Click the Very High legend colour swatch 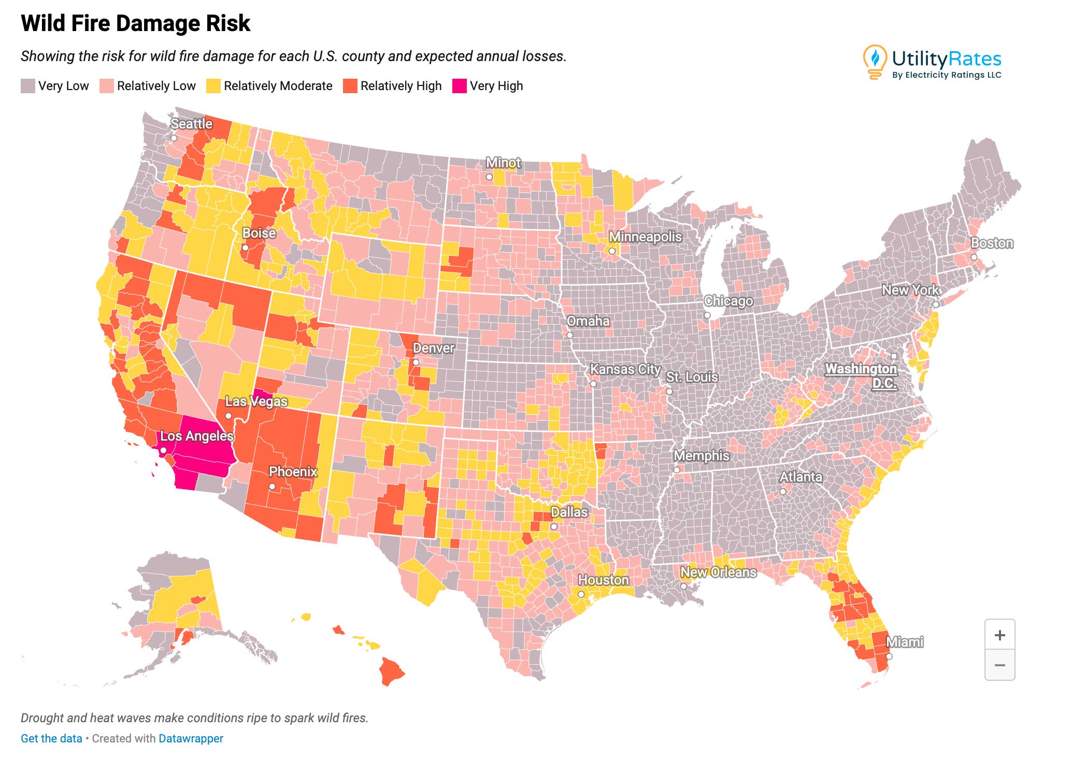(459, 86)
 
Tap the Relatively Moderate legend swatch (213, 86)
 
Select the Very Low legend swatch (27, 86)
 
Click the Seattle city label (191, 124)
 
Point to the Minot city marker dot (489, 177)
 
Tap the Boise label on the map (259, 233)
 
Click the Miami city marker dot (889, 656)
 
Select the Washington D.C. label (861, 375)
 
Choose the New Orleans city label (718, 572)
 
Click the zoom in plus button (999, 635)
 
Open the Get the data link (51, 738)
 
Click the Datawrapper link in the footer (191, 738)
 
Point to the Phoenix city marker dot (272, 486)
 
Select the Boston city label (992, 243)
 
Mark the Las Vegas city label (256, 401)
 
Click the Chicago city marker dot (707, 315)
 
